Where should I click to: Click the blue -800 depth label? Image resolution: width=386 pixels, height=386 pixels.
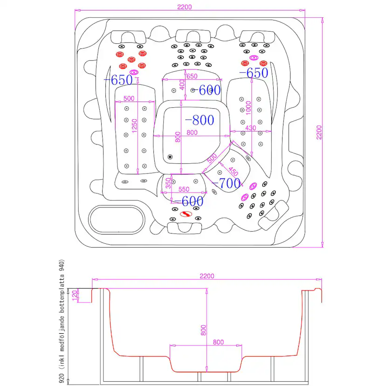tap(200, 120)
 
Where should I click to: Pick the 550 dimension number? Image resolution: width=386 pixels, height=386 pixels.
tap(183, 190)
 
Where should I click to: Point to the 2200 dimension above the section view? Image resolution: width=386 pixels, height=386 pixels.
tap(207, 276)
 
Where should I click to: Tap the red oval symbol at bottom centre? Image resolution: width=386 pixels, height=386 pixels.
tap(186, 214)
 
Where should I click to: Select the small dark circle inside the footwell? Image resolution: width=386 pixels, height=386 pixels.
tap(170, 157)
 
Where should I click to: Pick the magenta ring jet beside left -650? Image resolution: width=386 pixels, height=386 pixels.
tap(134, 72)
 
